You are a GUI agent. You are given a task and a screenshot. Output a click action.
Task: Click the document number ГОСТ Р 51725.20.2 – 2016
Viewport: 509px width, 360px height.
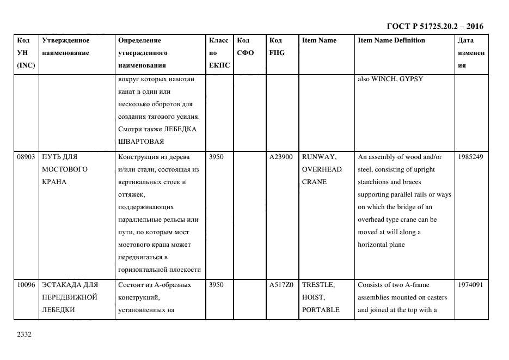(434, 26)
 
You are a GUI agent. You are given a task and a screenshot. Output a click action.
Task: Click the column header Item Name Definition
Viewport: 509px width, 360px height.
(391, 40)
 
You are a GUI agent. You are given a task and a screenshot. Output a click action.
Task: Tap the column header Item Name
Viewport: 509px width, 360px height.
(319, 40)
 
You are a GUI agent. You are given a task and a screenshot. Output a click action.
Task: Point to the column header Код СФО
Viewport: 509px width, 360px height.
(246, 46)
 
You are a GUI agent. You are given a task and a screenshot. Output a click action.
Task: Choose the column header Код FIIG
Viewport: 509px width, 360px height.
(277, 46)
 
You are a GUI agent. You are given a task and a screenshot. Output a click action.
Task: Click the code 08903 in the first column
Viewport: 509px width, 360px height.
(26, 157)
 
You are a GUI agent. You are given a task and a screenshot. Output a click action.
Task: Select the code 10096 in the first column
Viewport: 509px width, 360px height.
(26, 285)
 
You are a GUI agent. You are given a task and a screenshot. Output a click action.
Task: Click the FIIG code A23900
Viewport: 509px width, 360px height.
(281, 157)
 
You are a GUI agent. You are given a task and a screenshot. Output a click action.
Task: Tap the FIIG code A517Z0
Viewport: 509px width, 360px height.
(281, 285)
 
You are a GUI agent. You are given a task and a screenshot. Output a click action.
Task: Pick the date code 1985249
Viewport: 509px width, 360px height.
(470, 157)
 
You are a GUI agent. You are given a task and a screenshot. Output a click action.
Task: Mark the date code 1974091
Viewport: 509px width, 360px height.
(470, 285)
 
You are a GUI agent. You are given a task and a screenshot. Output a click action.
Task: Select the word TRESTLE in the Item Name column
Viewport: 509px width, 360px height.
(318, 285)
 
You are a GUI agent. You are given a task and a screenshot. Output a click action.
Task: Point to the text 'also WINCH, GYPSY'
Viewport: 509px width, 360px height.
(390, 79)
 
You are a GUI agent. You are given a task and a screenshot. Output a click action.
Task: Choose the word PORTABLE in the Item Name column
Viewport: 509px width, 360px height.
(321, 310)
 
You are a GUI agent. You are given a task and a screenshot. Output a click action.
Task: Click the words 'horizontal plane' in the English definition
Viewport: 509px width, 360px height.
(381, 245)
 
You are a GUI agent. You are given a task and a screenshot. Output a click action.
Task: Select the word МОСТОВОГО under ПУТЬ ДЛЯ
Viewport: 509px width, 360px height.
(65, 169)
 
